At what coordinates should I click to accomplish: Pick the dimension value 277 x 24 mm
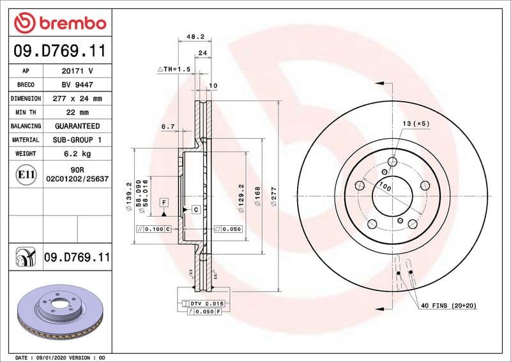coord(77,99)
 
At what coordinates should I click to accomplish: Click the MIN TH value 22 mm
coord(77,113)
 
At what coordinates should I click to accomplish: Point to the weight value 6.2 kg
coord(77,154)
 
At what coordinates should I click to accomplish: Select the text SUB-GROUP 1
coord(77,140)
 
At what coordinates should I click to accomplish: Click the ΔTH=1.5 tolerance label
coord(174,69)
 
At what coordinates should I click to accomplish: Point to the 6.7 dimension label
coord(169,127)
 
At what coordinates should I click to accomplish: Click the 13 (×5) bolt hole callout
coord(416,123)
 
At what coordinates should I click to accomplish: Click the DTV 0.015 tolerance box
coord(207,303)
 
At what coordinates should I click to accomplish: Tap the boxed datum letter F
coord(164,202)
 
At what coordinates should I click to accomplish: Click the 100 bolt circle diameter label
coord(385,187)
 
